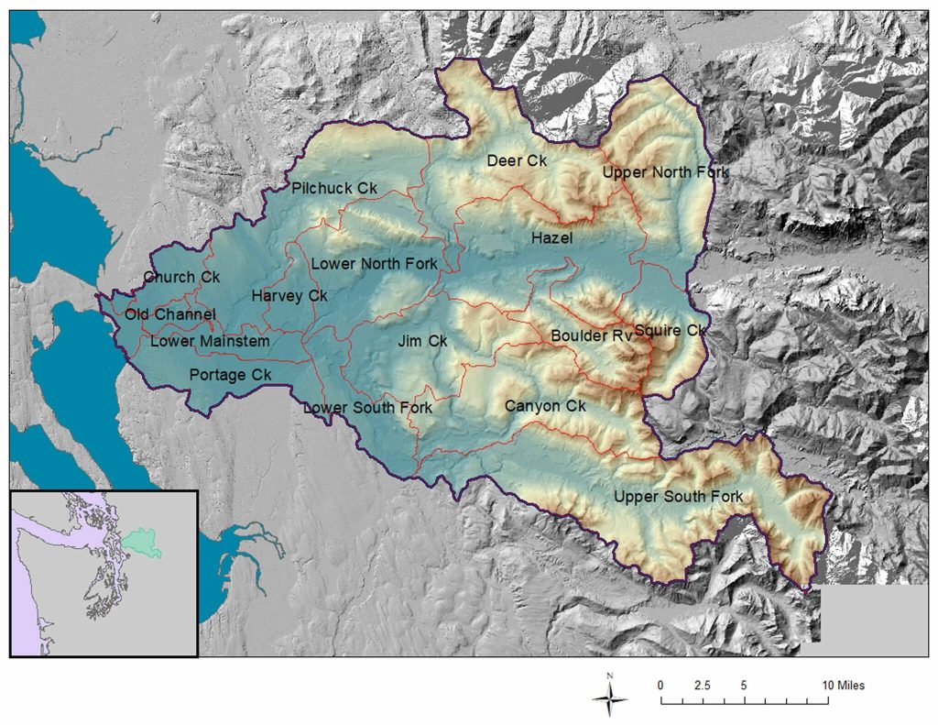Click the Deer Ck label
pyautogui.click(x=517, y=160)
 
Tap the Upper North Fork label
pyautogui.click(x=665, y=172)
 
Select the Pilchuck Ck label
pyautogui.click(x=334, y=188)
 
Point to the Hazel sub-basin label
pyautogui.click(x=551, y=237)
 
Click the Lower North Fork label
pyautogui.click(x=374, y=264)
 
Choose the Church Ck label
pyautogui.click(x=181, y=277)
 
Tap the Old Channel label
pyautogui.click(x=170, y=314)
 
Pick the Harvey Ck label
pyautogui.click(x=289, y=296)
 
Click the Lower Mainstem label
pyautogui.click(x=210, y=342)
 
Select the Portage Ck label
pyautogui.click(x=230, y=375)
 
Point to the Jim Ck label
pyautogui.click(x=422, y=341)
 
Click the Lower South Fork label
pyautogui.click(x=367, y=407)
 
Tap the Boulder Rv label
pyautogui.click(x=592, y=335)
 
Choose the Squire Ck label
pyautogui.click(x=671, y=330)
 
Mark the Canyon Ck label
pyautogui.click(x=544, y=405)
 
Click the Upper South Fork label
pyautogui.click(x=678, y=497)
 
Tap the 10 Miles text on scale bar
pyautogui.click(x=843, y=685)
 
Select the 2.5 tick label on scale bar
pyautogui.click(x=702, y=685)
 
